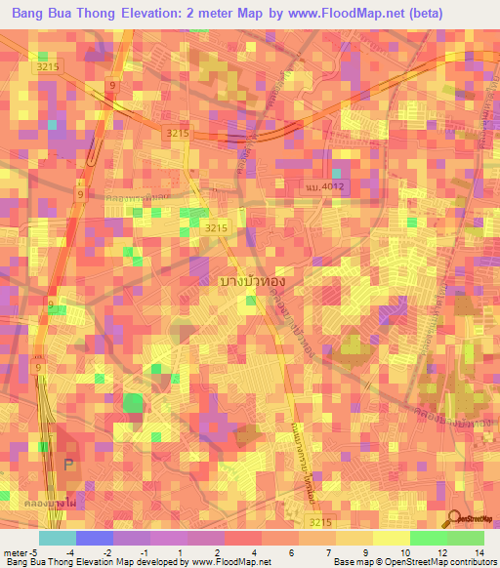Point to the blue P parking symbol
pyautogui.click(x=68, y=464)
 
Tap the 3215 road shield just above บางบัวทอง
pyautogui.click(x=216, y=227)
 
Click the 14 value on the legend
pyautogui.click(x=479, y=551)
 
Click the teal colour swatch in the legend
pyautogui.click(x=57, y=538)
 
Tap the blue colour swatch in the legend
pyautogui.click(x=95, y=538)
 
